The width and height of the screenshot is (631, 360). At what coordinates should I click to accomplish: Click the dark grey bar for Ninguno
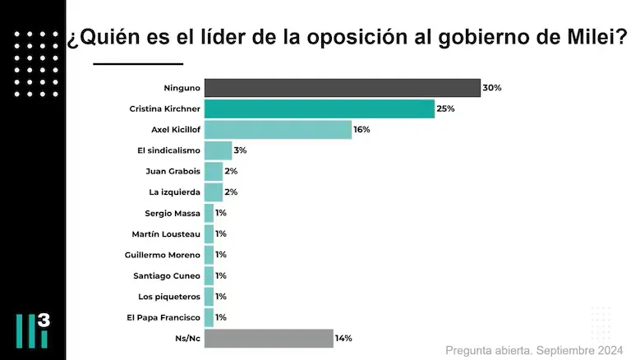point(342,88)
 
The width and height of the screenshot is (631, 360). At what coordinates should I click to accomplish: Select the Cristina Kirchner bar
point(319,108)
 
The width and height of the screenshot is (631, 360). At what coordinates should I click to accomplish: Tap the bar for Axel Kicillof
point(278,130)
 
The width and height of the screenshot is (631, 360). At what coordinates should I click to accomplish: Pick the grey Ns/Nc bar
point(269,339)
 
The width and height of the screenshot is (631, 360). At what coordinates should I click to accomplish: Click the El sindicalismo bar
point(218,150)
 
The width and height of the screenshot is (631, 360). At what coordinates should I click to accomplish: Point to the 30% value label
point(492,88)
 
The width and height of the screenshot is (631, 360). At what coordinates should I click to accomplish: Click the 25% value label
point(446,108)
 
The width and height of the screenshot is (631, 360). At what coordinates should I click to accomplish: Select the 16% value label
point(362,130)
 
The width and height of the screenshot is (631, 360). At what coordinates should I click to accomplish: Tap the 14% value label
point(344,339)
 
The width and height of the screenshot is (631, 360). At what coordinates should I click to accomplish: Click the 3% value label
point(240,150)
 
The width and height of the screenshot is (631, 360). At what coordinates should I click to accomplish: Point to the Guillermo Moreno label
point(163,255)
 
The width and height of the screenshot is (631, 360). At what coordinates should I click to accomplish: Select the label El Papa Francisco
point(165,317)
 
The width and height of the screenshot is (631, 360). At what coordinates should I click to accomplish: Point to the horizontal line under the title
point(138,63)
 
